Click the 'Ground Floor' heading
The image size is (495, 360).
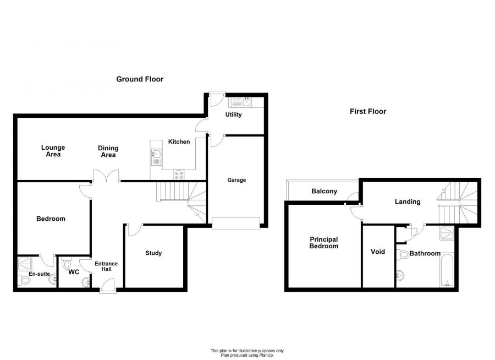140,79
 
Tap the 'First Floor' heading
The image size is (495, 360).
368,111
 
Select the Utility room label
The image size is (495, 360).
233,114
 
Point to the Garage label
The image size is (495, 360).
237,180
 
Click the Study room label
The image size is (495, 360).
153,253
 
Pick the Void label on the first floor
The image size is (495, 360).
377,252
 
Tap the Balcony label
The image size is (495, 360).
324,191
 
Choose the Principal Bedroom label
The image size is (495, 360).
323,243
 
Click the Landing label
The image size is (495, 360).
408,201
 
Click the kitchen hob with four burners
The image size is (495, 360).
179,175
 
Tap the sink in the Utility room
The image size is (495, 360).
241,102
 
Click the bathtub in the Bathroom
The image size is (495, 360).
447,270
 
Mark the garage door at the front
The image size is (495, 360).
236,223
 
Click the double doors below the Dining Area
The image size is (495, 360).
106,176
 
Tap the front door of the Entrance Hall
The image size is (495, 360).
108,286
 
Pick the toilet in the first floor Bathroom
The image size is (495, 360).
403,254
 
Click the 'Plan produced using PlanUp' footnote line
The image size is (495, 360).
247,355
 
